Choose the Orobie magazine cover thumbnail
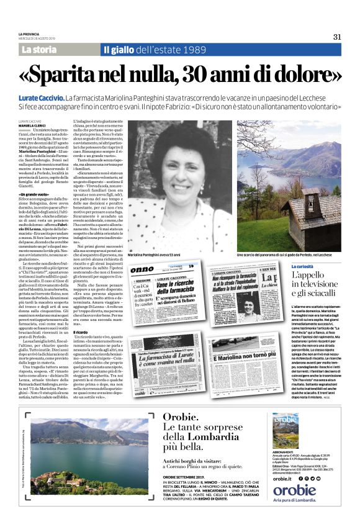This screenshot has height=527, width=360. pos(285,431)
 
